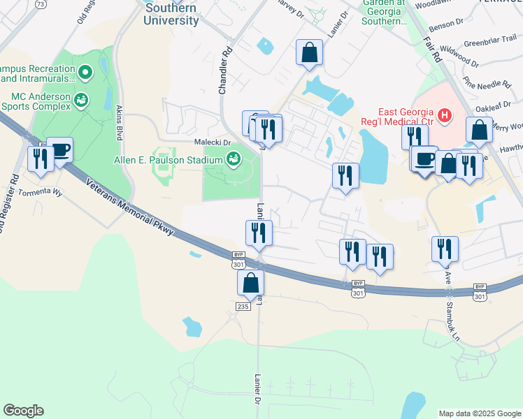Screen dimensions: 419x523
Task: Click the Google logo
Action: click(x=24, y=411)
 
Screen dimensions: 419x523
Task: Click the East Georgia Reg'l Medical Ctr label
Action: click(x=406, y=117)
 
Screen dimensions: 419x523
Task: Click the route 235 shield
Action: click(x=243, y=307)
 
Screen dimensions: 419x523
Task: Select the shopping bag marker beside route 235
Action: click(x=250, y=284)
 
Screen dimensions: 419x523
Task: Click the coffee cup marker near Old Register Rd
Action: click(x=60, y=149)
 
